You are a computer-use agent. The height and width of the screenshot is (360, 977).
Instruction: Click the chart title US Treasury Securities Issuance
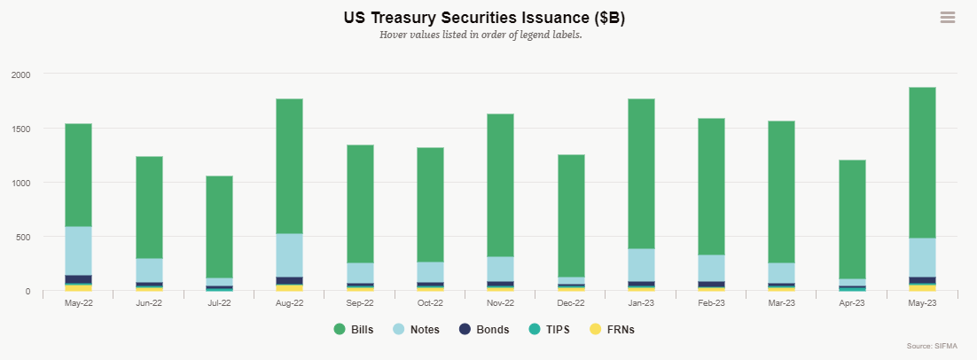click(484, 18)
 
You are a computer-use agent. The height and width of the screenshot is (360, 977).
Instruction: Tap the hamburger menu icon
click(947, 18)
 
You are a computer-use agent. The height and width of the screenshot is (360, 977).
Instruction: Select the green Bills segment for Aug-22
click(289, 167)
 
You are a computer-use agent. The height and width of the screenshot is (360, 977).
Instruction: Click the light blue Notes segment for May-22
click(79, 251)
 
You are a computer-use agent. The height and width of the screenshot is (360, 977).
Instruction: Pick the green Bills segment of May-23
click(922, 162)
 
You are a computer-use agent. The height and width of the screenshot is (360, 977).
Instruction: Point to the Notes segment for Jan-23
click(641, 265)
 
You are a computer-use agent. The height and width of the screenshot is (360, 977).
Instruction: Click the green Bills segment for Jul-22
click(219, 227)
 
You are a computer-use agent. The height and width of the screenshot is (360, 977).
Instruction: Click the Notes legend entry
click(418, 330)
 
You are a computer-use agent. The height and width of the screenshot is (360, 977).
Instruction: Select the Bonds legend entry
click(485, 330)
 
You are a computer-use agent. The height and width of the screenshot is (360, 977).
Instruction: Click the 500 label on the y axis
click(22, 237)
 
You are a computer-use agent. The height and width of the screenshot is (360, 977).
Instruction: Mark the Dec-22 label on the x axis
click(571, 303)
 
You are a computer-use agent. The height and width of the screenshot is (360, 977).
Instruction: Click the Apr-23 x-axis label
click(852, 303)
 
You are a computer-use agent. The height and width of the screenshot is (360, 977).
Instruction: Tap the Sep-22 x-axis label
click(360, 303)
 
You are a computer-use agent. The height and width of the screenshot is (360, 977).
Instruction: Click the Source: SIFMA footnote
click(933, 346)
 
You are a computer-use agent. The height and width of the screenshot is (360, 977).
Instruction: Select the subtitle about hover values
click(481, 35)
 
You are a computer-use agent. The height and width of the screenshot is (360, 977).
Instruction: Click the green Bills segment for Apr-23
click(852, 219)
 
